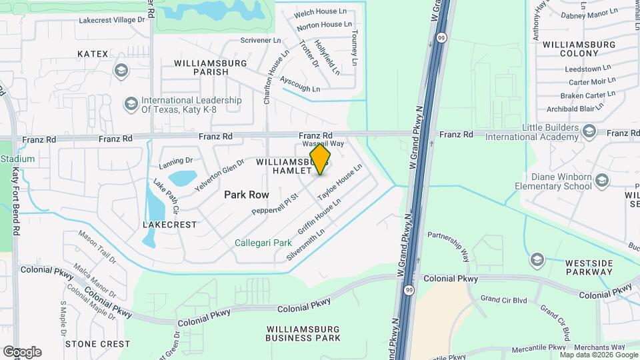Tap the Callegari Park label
(263, 243)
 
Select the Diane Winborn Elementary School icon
(602, 181)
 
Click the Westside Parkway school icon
(537, 259)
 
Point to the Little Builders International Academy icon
(588, 129)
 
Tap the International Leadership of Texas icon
(131, 104)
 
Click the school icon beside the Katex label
(121, 70)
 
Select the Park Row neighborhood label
(246, 195)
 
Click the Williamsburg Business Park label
(303, 333)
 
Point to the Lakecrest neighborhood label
(170, 225)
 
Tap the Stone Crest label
(97, 344)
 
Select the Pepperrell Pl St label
(273, 204)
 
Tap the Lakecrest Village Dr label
(111, 20)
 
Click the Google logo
(22, 352)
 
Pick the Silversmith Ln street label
(305, 245)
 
